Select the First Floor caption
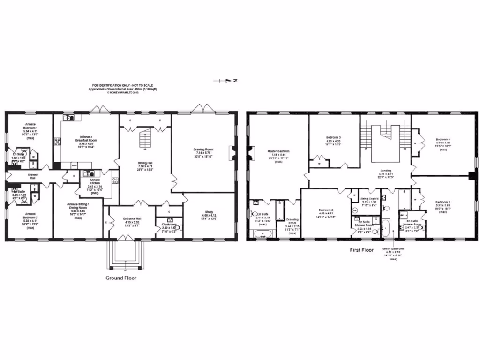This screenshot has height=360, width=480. (x=361, y=250)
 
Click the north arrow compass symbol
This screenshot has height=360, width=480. (x=224, y=81)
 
